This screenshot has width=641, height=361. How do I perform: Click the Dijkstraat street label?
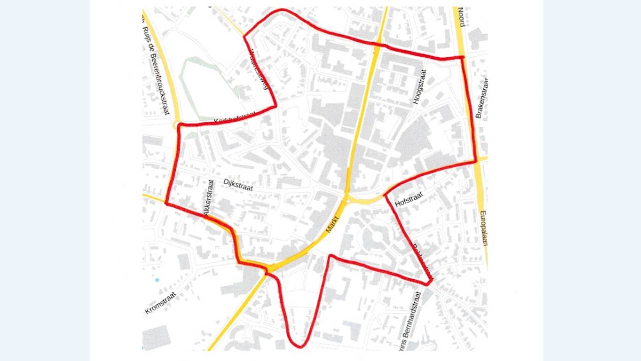pyautogui.click(x=238, y=185)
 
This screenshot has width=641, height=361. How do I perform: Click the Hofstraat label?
pyautogui.click(x=409, y=200)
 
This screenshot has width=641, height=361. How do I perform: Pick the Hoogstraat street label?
pyautogui.click(x=419, y=87)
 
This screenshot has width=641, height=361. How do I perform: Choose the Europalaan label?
pyautogui.click(x=483, y=228)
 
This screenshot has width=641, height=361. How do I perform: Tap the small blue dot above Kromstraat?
pyautogui.click(x=157, y=280)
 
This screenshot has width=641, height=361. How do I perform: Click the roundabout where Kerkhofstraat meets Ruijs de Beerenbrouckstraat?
pyautogui.click(x=176, y=125)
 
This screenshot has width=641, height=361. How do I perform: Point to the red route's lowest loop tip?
pyautogui.click(x=299, y=346)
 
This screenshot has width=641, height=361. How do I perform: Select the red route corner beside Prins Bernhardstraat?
pyautogui.click(x=428, y=284)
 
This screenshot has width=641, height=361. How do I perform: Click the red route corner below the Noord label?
pyautogui.click(x=462, y=58)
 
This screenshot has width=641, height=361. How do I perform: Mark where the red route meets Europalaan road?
pyautogui.click(x=475, y=161)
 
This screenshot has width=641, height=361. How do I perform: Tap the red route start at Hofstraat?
pyautogui.click(x=386, y=195)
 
